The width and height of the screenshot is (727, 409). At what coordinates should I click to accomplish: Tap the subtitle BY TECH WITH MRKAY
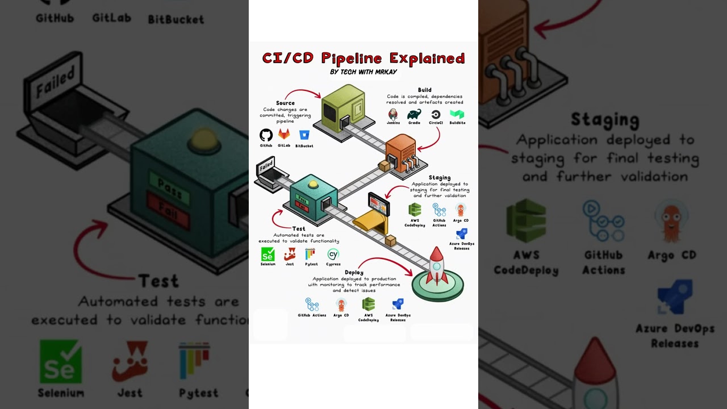tap(363, 72)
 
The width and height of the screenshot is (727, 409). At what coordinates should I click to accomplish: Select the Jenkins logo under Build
tap(393, 114)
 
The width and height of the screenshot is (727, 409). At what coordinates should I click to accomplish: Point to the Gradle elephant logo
tap(414, 114)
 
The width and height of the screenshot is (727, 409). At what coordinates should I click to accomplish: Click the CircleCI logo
tap(436, 114)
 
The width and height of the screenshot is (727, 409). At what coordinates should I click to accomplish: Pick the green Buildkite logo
tap(457, 114)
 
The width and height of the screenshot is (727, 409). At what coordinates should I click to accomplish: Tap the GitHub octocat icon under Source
tap(266, 135)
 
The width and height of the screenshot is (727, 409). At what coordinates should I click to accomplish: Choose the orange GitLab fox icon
tap(284, 135)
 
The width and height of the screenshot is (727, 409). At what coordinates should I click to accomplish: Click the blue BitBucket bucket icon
tap(304, 135)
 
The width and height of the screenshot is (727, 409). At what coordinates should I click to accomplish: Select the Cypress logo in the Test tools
tap(333, 254)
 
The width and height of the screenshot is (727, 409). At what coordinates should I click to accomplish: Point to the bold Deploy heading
tap(354, 273)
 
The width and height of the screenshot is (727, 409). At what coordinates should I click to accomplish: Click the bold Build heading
tap(424, 90)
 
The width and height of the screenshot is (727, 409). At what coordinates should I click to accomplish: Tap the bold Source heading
tap(285, 103)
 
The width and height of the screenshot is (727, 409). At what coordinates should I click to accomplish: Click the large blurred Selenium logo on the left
tap(61, 362)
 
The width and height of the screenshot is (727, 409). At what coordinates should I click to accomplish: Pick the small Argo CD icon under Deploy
tap(341, 304)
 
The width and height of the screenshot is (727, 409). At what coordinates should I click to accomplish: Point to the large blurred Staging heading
tap(605, 120)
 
